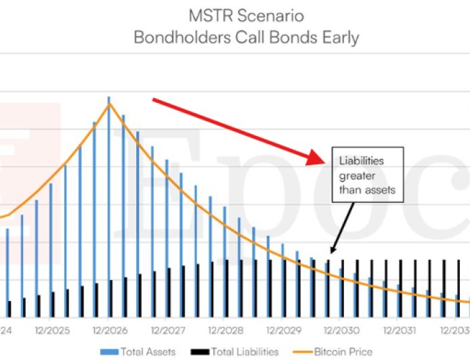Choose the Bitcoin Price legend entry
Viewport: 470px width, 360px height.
(333, 351)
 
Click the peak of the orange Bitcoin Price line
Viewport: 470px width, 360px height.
(109, 103)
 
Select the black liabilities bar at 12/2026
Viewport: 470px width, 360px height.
(110, 298)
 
